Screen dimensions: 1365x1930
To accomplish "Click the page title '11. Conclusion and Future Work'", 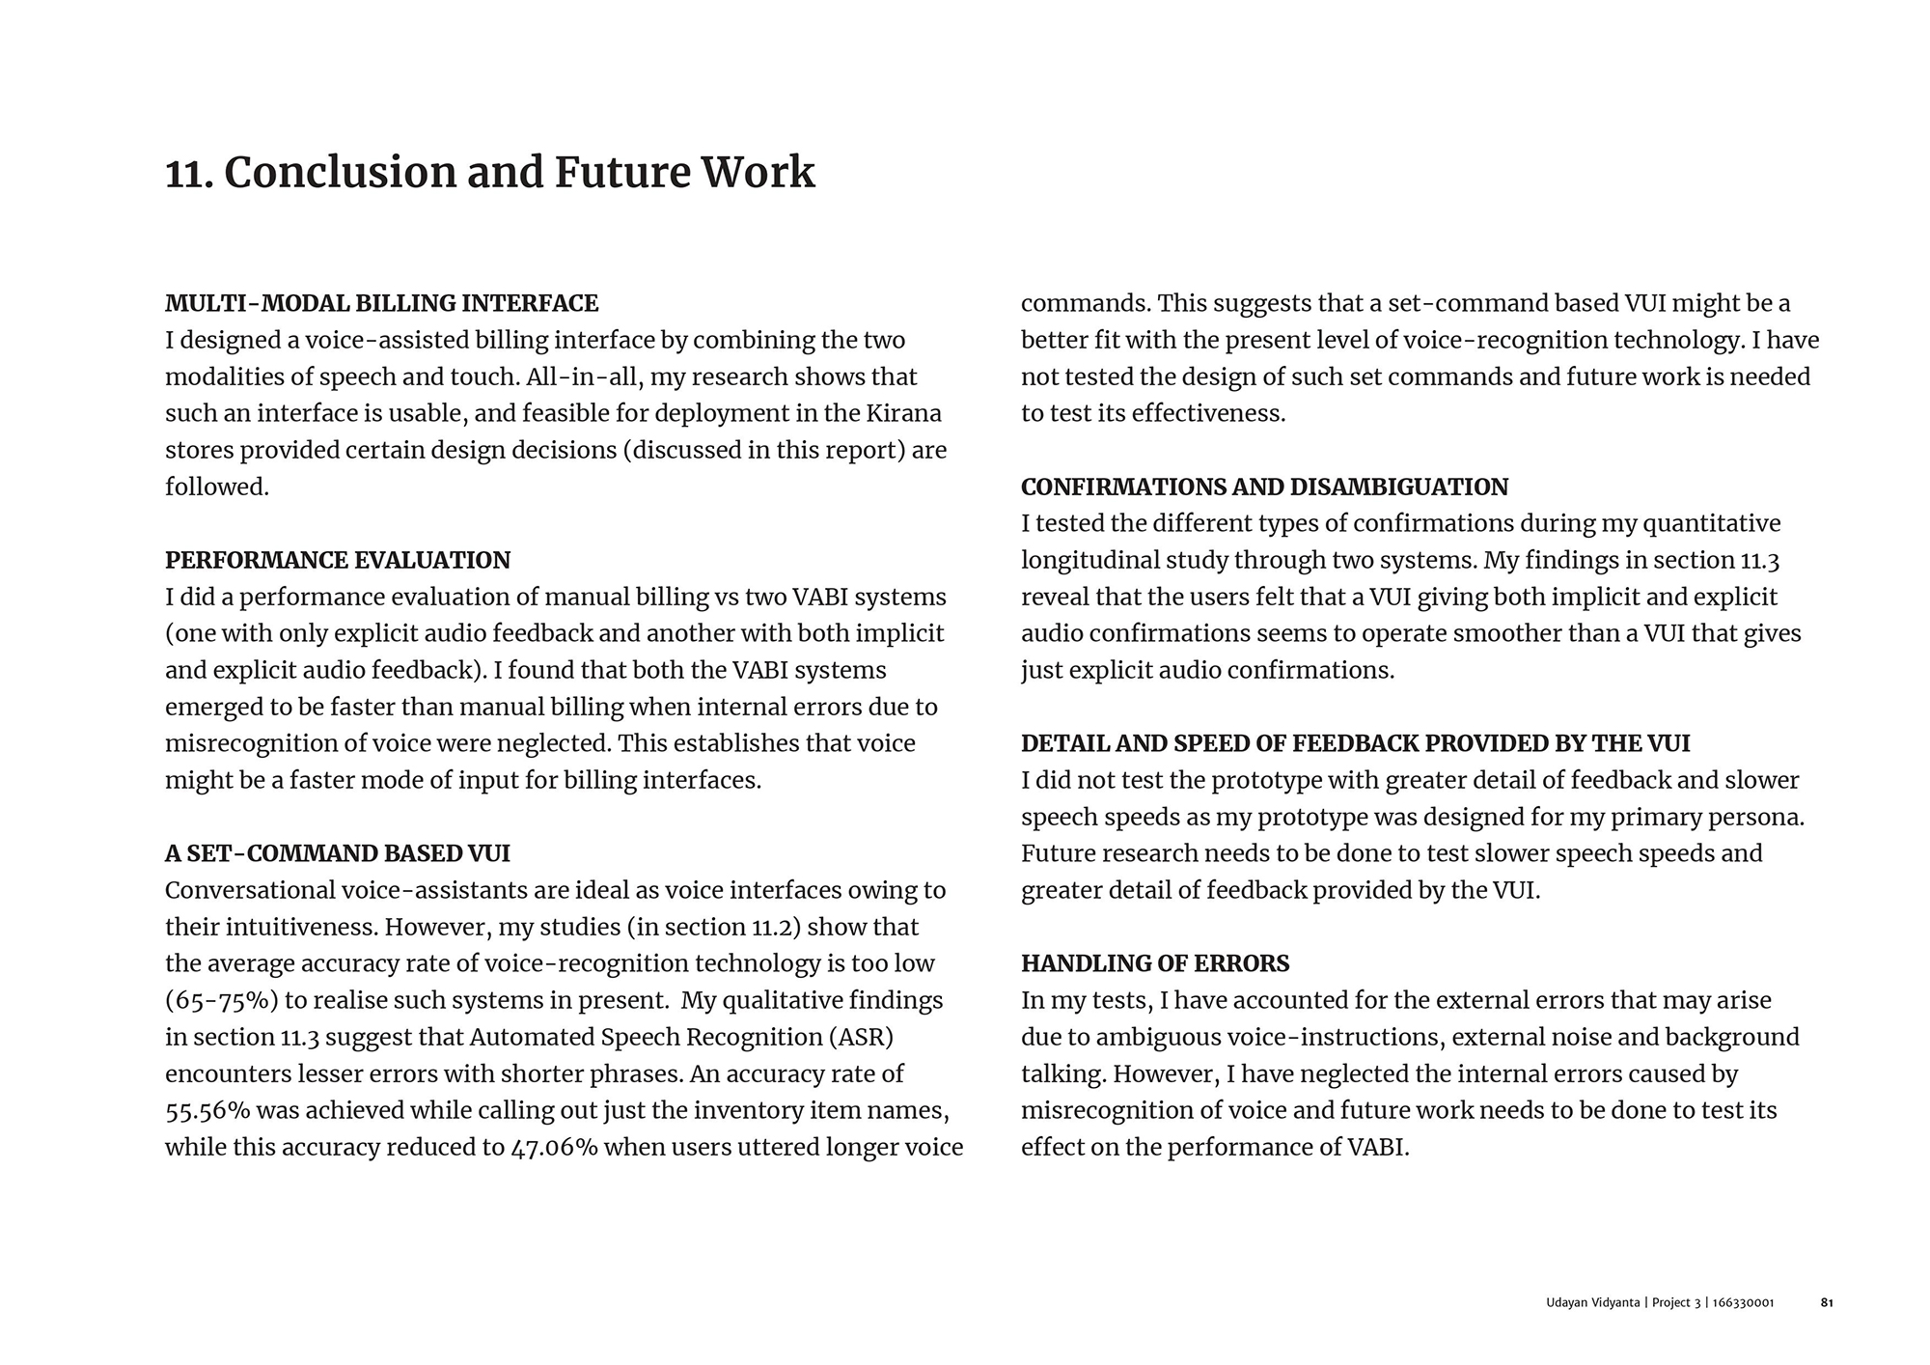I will [490, 173].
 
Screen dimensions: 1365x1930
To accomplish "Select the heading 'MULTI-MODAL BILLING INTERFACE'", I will [381, 303].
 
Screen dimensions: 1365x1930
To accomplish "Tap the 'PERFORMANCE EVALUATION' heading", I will [338, 560].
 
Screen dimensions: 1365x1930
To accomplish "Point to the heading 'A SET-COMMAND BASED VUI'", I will [338, 853].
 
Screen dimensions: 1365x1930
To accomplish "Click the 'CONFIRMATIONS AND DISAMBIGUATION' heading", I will [1264, 487].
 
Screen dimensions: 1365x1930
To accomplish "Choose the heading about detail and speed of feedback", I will [1355, 743].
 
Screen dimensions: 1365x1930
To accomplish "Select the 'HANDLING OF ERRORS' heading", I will [1155, 963].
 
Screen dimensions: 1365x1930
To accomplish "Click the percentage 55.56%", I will [207, 1110].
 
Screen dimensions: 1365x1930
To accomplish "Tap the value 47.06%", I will [553, 1147].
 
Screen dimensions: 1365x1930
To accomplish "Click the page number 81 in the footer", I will [1827, 1302].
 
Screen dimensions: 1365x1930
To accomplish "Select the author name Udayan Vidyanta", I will [1592, 1302].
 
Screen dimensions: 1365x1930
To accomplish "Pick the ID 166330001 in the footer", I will [1743, 1302].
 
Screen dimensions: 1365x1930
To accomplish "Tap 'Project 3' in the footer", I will [1677, 1302].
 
